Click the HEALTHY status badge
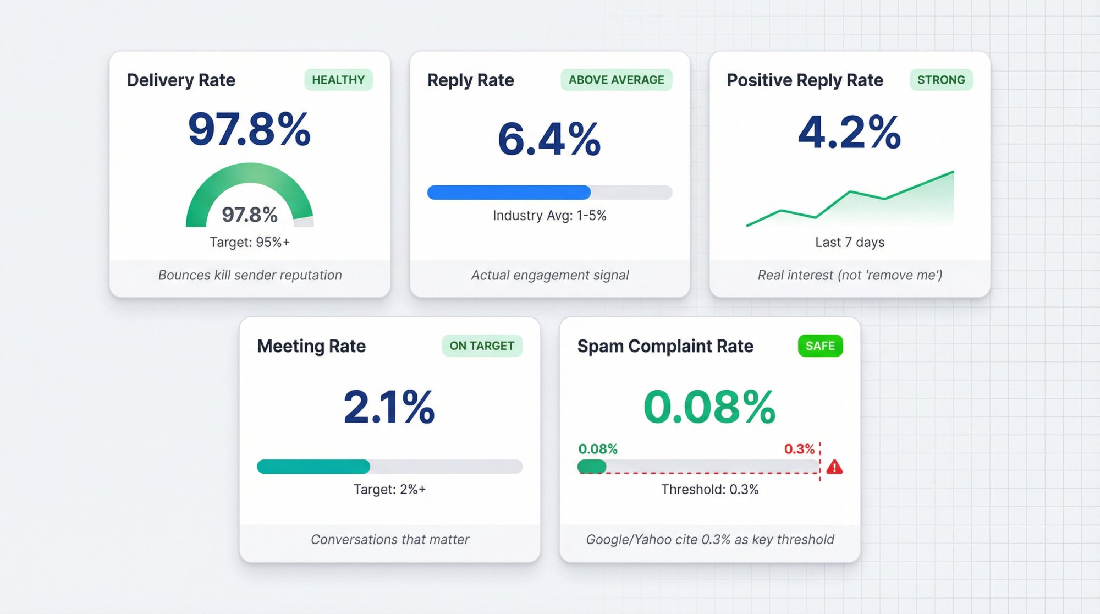pyautogui.click(x=338, y=80)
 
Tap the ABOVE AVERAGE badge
pyautogui.click(x=616, y=80)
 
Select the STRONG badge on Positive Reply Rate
pyautogui.click(x=941, y=80)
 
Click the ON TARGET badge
pyautogui.click(x=482, y=346)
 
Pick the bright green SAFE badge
pyautogui.click(x=820, y=346)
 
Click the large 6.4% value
pyautogui.click(x=549, y=139)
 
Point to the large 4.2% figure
pyautogui.click(x=849, y=132)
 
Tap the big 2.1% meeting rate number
pyautogui.click(x=389, y=407)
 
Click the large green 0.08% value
pyautogui.click(x=710, y=407)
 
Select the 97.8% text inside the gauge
pyautogui.click(x=249, y=215)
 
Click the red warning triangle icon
pyautogui.click(x=834, y=467)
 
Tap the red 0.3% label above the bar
pyautogui.click(x=799, y=449)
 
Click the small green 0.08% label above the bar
pyautogui.click(x=598, y=449)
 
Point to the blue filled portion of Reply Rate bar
pyautogui.click(x=509, y=192)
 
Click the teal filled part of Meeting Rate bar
pyautogui.click(x=313, y=467)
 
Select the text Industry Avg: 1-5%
pyautogui.click(x=549, y=216)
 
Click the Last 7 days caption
pyautogui.click(x=849, y=242)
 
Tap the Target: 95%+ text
pyautogui.click(x=249, y=242)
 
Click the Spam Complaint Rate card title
pyautogui.click(x=665, y=346)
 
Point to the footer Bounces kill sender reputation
pyautogui.click(x=250, y=275)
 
